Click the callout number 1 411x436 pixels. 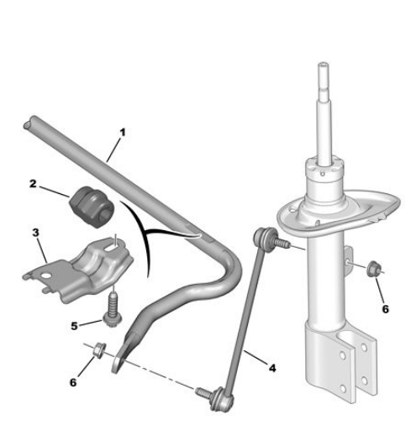point(123,133)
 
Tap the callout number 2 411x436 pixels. point(33,184)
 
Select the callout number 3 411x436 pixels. point(35,233)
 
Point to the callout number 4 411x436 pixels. point(272,368)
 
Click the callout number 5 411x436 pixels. point(74,326)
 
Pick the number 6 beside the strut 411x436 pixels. point(386,309)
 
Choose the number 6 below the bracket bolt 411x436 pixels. point(73,382)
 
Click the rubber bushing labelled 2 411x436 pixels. point(92,207)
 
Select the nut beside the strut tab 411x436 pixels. point(373,269)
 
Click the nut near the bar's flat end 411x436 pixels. point(99,349)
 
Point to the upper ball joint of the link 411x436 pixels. point(264,237)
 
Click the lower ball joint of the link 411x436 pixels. point(222,399)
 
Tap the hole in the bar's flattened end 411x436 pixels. point(117,364)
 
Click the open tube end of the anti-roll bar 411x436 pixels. point(29,123)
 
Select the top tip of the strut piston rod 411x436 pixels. point(323,64)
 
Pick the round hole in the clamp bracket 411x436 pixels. point(45,276)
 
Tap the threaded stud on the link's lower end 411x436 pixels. point(203,391)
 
